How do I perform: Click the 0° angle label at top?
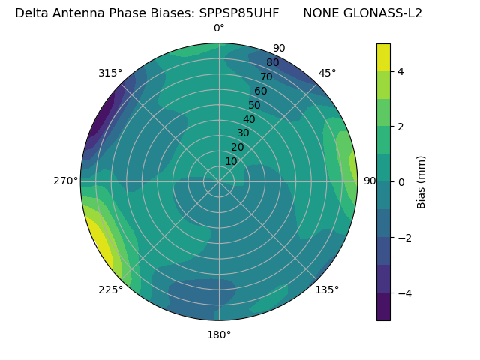(219, 28)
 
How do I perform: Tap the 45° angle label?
(328, 73)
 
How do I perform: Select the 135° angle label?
(327, 289)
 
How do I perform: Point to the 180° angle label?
(219, 334)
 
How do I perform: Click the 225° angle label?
(110, 290)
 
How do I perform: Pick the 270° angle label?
(65, 181)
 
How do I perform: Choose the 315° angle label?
(110, 73)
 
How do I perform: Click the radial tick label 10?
(231, 161)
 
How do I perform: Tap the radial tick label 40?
(249, 119)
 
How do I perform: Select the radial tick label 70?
(266, 76)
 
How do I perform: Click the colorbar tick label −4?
(403, 292)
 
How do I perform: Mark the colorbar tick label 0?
(401, 181)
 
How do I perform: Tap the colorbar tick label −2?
(403, 237)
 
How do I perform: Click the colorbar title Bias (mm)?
(421, 181)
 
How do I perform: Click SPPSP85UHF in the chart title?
(239, 13)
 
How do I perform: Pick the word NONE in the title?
(319, 13)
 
